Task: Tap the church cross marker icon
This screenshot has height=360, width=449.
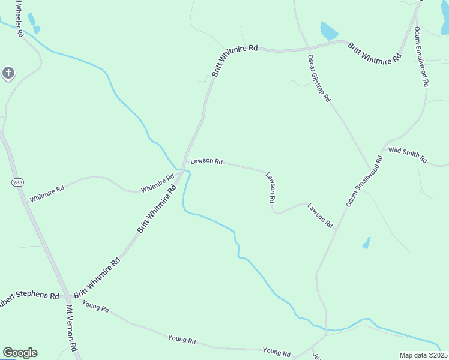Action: [8, 74]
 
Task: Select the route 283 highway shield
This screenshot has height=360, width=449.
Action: [16, 181]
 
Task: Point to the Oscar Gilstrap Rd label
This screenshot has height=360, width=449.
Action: [319, 78]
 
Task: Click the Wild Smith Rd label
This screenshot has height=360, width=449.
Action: [408, 155]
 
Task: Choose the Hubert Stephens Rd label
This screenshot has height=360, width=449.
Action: [28, 297]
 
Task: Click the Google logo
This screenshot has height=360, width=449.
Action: [20, 353]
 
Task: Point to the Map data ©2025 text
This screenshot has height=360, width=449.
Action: [423, 355]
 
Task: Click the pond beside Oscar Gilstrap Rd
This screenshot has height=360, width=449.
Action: [329, 31]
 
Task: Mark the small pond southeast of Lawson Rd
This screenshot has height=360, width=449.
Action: [366, 243]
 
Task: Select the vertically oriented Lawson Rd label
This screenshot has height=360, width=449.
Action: [271, 188]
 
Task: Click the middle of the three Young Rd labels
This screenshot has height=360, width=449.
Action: [182, 341]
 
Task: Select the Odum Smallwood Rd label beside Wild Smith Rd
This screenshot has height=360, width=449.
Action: [364, 182]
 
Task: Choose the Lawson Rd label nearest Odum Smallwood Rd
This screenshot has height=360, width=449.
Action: [320, 215]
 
